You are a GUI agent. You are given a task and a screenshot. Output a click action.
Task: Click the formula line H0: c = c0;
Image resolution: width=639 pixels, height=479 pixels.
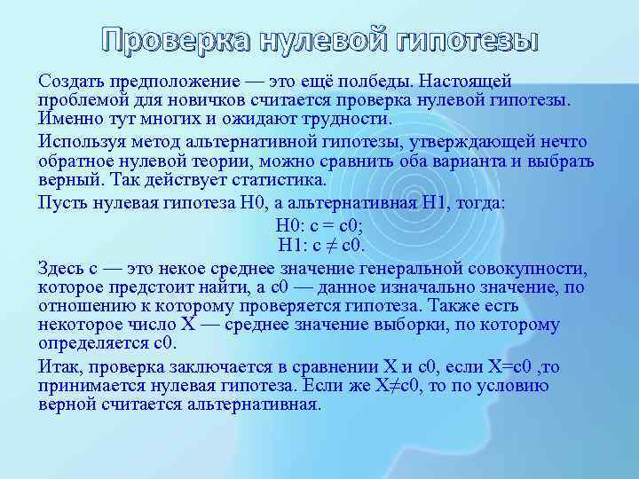coord(319,225)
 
